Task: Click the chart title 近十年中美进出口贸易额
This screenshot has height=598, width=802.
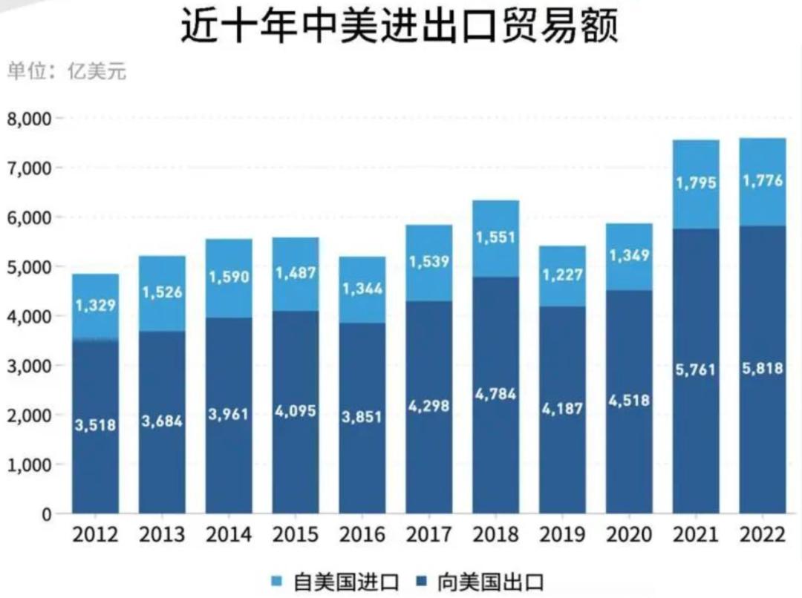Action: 400,27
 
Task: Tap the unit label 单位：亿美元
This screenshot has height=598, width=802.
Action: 67,72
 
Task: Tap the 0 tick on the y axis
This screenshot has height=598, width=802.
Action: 46,514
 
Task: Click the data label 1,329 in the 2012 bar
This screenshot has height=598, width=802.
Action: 95,306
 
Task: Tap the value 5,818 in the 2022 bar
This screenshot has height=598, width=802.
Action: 763,369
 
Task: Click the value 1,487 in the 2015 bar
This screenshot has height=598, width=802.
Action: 296,273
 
